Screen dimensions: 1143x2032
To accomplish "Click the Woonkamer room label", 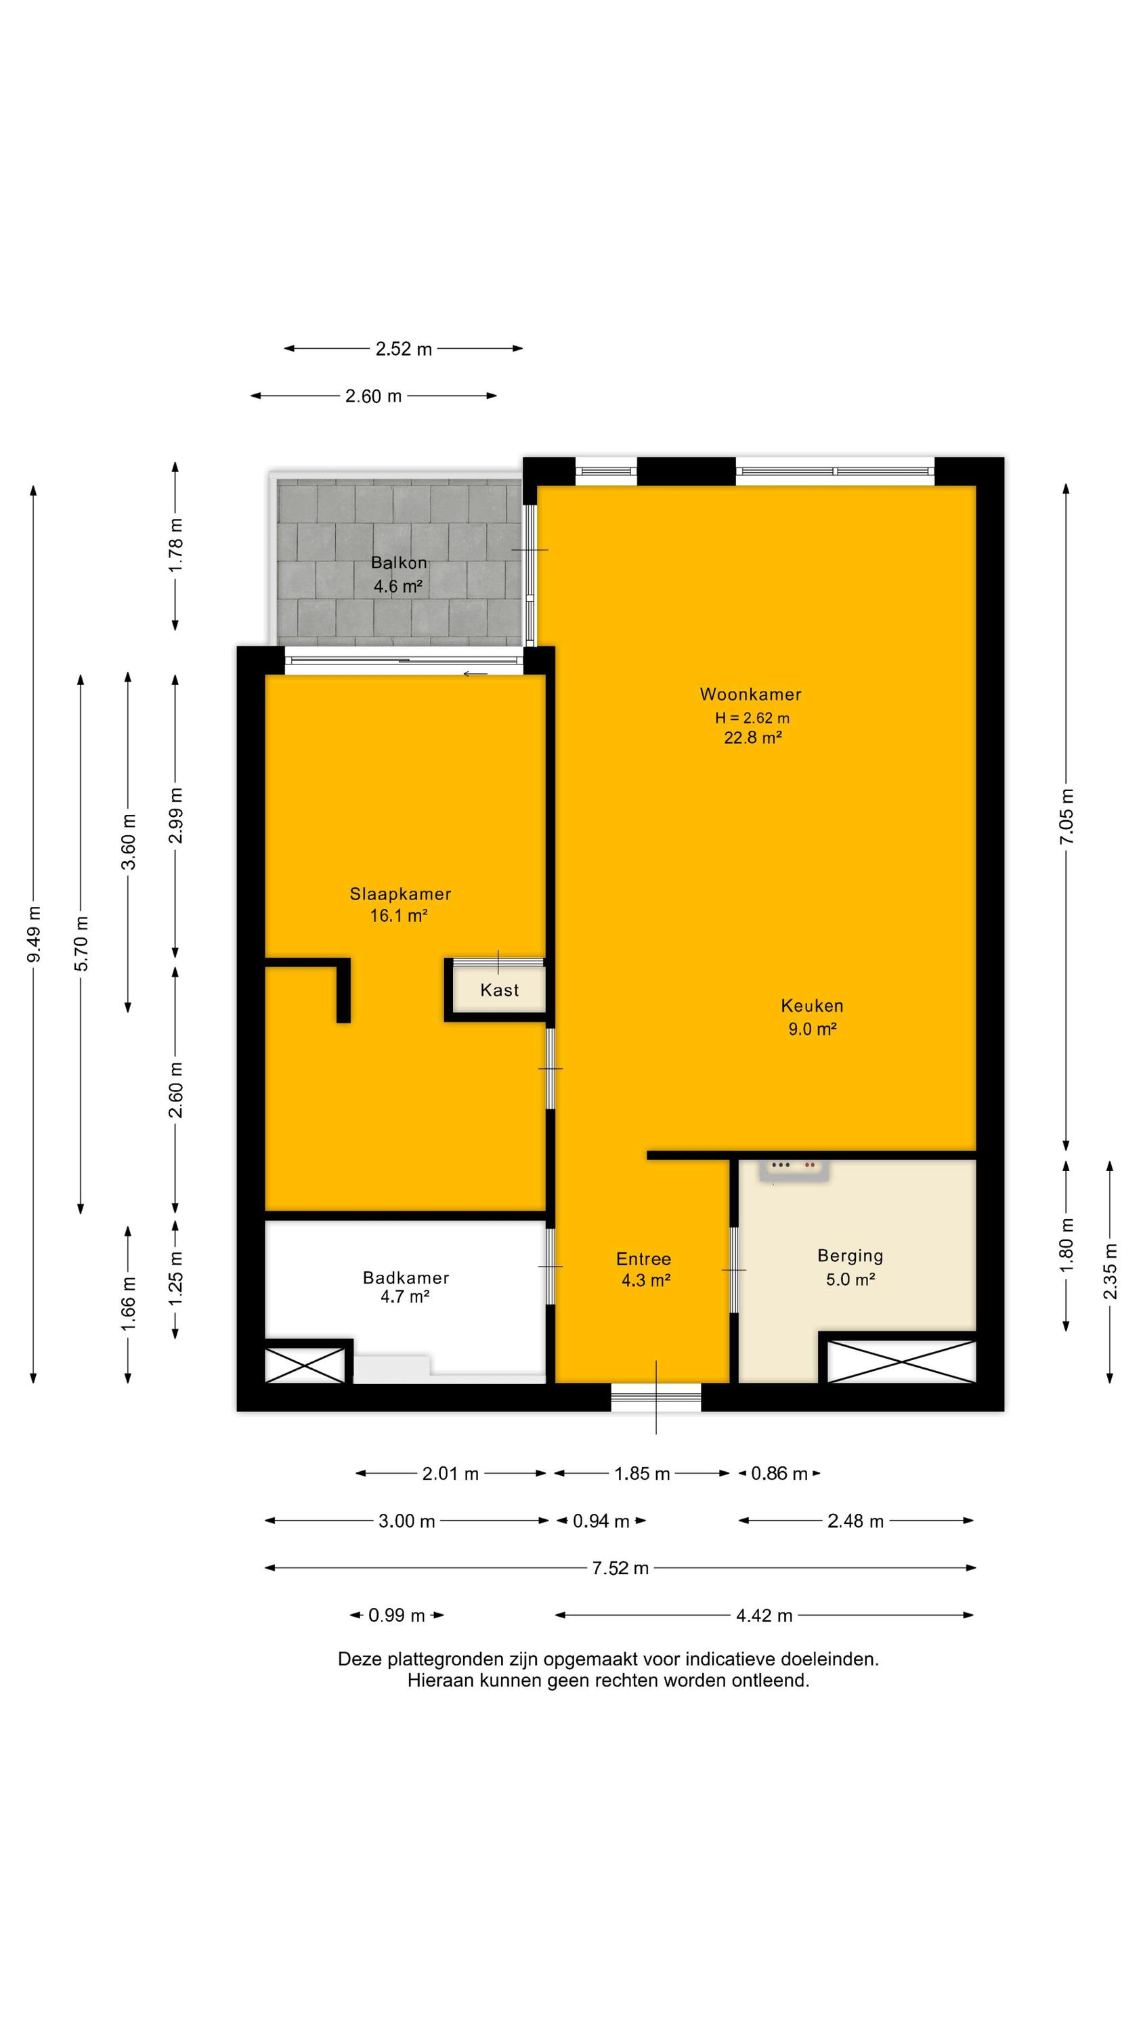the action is click(750, 694).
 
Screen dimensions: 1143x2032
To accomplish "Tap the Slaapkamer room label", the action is click(400, 893).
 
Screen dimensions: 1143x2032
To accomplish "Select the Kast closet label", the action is click(499, 990).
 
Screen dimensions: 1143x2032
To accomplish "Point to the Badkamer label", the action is click(406, 1277).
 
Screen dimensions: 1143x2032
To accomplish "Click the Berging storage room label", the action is click(850, 1256).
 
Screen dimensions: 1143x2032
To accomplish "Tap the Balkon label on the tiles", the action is click(399, 562).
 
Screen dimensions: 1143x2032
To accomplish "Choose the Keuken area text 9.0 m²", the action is click(812, 1029).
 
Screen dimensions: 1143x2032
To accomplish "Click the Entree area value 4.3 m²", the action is click(645, 1280).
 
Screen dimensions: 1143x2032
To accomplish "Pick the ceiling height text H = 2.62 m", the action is click(752, 718).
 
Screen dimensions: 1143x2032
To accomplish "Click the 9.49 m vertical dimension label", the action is click(34, 935).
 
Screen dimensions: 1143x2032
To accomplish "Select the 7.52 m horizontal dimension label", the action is click(620, 1568).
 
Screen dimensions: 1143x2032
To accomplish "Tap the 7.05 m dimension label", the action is click(1066, 816).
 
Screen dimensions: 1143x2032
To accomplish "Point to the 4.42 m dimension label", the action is click(764, 1615).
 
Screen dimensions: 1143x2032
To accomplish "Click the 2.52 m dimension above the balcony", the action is click(403, 349).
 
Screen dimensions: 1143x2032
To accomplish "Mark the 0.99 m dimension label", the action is click(397, 1615).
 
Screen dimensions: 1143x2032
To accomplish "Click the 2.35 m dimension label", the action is click(1110, 1271).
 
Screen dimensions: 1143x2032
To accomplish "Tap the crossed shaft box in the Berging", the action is click(901, 1360).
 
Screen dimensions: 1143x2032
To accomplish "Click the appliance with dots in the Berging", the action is click(794, 1170).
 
